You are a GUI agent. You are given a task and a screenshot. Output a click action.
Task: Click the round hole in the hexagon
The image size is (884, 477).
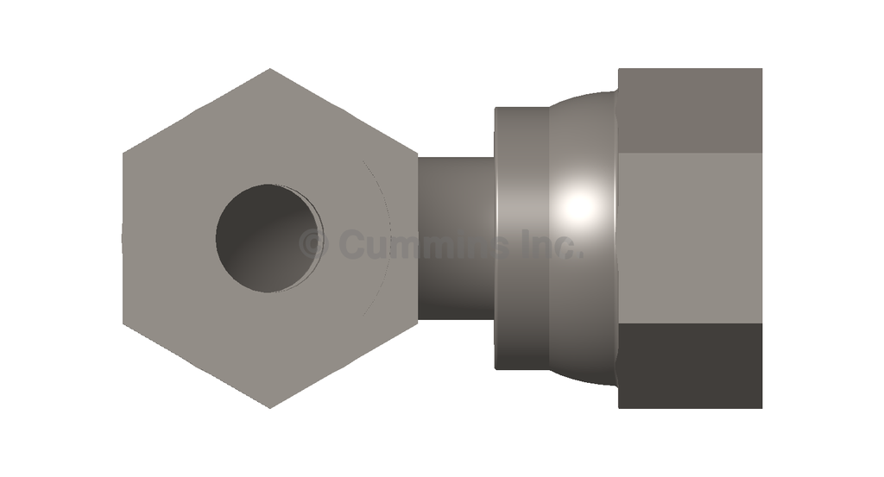[268, 237]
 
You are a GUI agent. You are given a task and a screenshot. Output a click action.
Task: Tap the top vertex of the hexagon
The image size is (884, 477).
[270, 69]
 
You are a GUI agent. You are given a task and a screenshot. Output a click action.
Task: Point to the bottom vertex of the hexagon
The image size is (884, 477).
[270, 407]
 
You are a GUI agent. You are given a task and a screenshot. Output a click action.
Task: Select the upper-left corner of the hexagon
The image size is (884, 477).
[123, 154]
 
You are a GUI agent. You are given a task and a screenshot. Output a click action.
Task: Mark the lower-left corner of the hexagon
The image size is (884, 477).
[123, 323]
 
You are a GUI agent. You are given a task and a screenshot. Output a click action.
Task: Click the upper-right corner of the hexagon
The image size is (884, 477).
[418, 155]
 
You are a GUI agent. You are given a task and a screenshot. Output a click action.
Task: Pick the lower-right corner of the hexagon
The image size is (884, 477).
[418, 322]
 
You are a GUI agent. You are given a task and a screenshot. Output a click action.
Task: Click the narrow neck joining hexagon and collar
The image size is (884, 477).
[456, 237]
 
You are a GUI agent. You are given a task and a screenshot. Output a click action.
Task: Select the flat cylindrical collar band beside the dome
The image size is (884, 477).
[521, 237]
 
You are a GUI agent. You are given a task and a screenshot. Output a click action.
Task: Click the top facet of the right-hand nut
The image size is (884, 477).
[690, 110]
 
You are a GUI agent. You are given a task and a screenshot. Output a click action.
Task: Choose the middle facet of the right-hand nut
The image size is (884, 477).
[690, 237]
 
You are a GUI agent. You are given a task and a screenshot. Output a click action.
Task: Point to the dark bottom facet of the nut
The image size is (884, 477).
[690, 366]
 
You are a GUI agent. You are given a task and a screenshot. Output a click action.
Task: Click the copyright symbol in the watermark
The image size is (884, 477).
[313, 243]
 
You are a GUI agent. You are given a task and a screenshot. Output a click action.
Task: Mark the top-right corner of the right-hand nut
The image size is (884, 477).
[761, 69]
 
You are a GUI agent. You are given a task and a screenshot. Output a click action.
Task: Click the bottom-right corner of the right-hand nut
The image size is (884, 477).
[761, 407]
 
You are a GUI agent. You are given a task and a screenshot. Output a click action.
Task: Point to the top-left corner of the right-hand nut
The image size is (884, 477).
[619, 69]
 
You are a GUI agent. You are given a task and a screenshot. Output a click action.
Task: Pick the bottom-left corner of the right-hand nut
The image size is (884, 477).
[619, 407]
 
